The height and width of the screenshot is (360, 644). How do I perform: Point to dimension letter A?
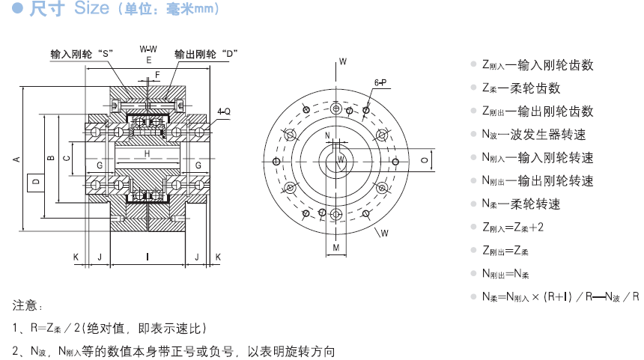[16, 158]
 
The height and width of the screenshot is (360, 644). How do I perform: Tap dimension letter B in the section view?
[49, 157]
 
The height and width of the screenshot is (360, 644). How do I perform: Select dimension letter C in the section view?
[67, 157]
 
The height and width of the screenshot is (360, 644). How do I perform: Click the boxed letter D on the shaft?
[34, 181]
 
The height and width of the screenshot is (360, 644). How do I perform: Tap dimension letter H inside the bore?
[147, 153]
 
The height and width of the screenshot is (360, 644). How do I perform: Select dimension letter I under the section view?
[147, 257]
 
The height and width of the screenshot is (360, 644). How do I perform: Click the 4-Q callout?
[223, 112]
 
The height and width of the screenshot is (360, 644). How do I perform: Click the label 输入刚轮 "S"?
[81, 54]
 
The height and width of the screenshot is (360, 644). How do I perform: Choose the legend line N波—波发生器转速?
[533, 135]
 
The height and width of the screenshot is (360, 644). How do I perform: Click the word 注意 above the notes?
[28, 305]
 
